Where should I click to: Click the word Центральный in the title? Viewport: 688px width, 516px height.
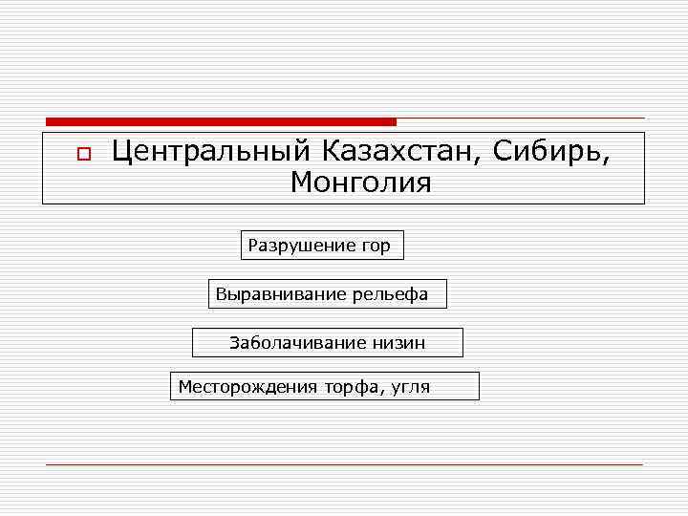click(x=212, y=151)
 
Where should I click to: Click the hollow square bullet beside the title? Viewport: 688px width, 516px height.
click(x=83, y=153)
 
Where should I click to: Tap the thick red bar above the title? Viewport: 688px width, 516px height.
click(x=221, y=122)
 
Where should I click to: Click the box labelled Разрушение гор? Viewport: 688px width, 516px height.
click(x=322, y=246)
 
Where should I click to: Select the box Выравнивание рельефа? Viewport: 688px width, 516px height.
click(x=327, y=293)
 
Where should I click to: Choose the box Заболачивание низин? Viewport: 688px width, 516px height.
click(x=328, y=342)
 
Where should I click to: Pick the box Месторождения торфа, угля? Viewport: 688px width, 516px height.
click(x=324, y=386)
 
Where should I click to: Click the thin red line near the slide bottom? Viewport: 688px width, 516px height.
click(x=344, y=464)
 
